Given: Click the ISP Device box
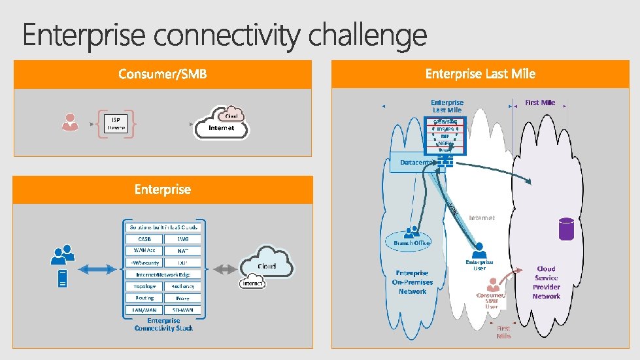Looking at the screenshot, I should pyautogui.click(x=116, y=123).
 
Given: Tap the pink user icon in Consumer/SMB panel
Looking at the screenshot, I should pyautogui.click(x=69, y=122).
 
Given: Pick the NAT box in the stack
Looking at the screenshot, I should pyautogui.click(x=183, y=250).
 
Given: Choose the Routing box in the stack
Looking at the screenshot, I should pyautogui.click(x=144, y=298).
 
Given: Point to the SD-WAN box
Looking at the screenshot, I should pyautogui.click(x=183, y=310).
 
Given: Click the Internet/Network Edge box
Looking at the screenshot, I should pyautogui.click(x=163, y=274).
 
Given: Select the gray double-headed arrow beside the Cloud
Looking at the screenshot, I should pyautogui.click(x=224, y=269).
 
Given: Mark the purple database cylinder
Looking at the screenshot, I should pyautogui.click(x=565, y=229).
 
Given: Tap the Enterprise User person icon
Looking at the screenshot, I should pyautogui.click(x=479, y=250).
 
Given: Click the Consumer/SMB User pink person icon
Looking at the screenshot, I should pyautogui.click(x=493, y=286).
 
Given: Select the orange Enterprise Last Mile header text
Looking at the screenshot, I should pyautogui.click(x=480, y=74).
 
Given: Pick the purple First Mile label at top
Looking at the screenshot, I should pyautogui.click(x=540, y=103).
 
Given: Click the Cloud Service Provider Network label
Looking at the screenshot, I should pyautogui.click(x=546, y=282).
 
